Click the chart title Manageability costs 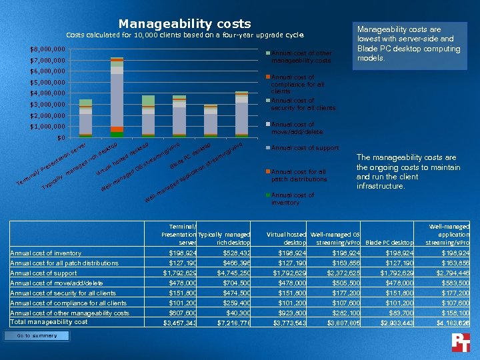point(185,24)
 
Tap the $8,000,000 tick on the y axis point(47,49)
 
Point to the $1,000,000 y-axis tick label point(47,127)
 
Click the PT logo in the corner point(461,342)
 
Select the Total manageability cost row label point(49,322)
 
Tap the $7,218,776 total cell point(233,323)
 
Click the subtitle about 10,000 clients point(185,35)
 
